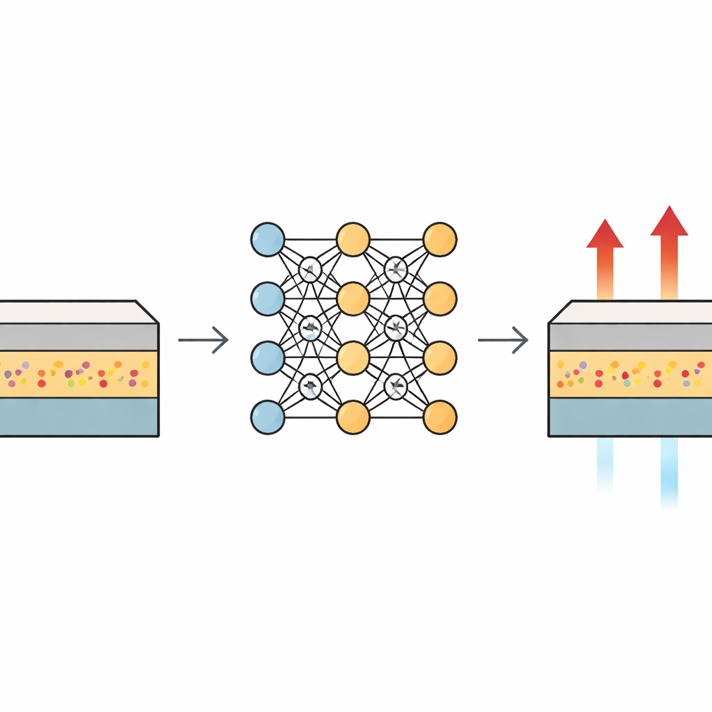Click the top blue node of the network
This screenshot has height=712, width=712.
(x=267, y=239)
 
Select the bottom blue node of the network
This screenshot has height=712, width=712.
(x=267, y=418)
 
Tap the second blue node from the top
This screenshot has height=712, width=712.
(x=267, y=299)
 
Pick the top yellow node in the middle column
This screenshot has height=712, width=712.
(x=353, y=239)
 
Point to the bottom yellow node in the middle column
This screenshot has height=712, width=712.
(x=353, y=418)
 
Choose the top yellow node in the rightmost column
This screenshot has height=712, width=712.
(x=439, y=239)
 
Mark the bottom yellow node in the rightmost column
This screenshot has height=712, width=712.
(x=439, y=418)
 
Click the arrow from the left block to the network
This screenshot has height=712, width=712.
(x=203, y=340)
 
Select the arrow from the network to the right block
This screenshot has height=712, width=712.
(x=503, y=340)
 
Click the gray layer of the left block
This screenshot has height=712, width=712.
(x=76, y=337)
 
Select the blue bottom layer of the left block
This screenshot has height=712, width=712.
(x=76, y=416)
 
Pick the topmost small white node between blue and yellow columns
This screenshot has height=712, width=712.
(x=309, y=267)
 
